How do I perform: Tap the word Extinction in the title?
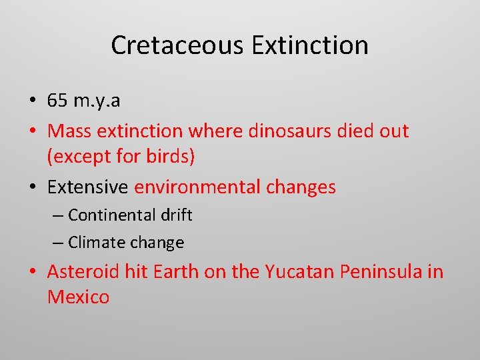click(x=310, y=45)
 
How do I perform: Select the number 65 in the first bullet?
click(x=57, y=100)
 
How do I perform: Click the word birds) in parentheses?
click(x=171, y=157)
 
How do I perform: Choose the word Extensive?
click(x=87, y=187)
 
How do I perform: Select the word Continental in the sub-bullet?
click(x=111, y=215)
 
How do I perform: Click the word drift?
click(x=177, y=215)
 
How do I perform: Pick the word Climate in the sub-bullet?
click(x=93, y=243)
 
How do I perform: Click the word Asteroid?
click(x=83, y=272)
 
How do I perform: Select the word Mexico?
click(x=78, y=297)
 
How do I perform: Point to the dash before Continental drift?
click(x=59, y=216)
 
